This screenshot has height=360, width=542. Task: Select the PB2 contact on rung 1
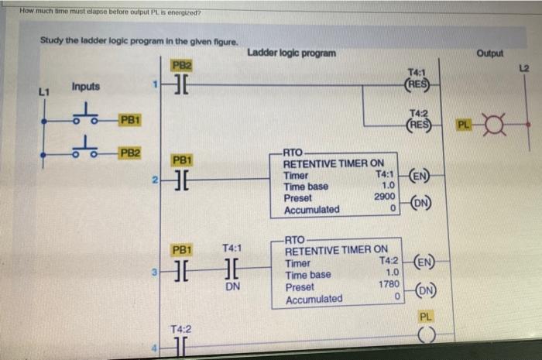tap(183, 84)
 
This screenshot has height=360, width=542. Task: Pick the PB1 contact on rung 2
tap(183, 180)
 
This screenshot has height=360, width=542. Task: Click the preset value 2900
tap(385, 197)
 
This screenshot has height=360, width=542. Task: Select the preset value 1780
tap(387, 286)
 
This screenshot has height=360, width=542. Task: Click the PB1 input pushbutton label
tap(129, 120)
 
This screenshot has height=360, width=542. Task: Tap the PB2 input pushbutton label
tap(129, 153)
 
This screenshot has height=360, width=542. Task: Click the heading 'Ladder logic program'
tap(292, 53)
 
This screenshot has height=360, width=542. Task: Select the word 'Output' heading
tap(490, 53)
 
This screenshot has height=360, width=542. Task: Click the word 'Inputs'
tap(85, 87)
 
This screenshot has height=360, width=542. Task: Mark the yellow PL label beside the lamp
tap(463, 124)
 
